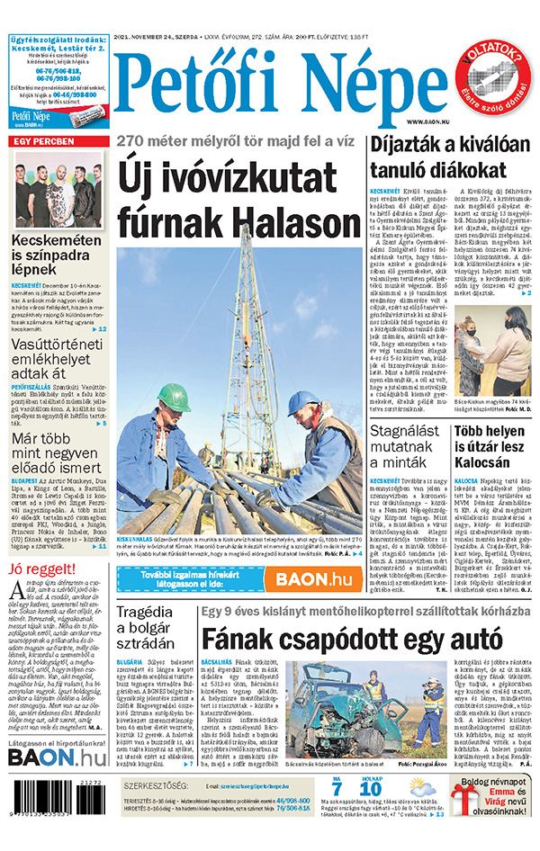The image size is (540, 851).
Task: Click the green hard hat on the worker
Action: click(x=174, y=397)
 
